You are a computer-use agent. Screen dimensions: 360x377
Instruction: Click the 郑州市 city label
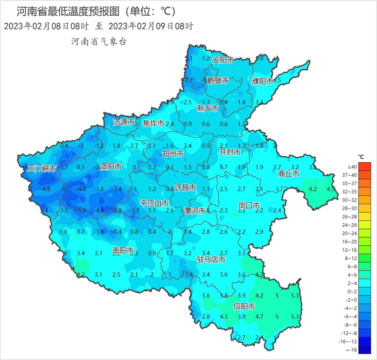pos(173,154)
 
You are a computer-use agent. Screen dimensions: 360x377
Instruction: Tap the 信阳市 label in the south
pos(244,306)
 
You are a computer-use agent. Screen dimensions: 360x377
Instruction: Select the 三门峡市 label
pos(42,169)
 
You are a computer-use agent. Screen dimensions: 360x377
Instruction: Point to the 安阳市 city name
pos(223,60)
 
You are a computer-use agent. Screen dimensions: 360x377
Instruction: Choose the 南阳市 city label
pos(123,251)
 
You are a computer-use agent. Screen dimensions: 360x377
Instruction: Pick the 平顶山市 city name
pos(155,203)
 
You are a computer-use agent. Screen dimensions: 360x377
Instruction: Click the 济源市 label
pos(123,122)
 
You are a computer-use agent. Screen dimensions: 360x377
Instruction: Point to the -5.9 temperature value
pos(81,210)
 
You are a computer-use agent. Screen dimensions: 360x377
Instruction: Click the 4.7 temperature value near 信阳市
pos(259,316)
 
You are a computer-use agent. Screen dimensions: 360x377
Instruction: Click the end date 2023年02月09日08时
pos(150,26)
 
